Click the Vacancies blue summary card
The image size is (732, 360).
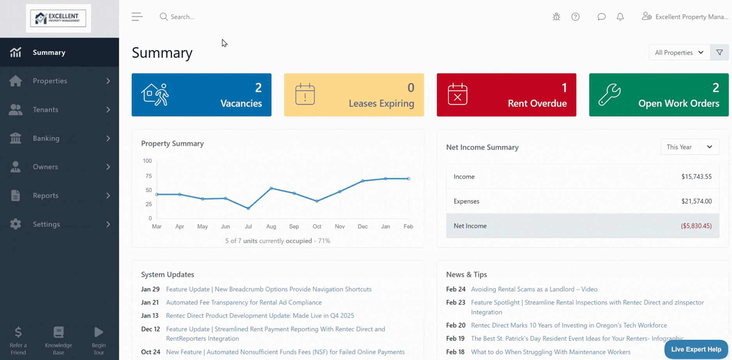(201, 95)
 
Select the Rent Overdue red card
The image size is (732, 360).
(506, 95)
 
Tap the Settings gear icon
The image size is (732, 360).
(16, 224)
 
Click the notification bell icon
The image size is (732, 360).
(620, 17)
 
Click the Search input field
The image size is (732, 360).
(234, 17)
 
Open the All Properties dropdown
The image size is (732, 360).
(679, 53)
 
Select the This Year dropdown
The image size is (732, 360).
(689, 147)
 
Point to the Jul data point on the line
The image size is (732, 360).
(249, 209)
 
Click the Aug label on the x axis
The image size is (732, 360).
(271, 226)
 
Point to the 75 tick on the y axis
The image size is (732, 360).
(148, 176)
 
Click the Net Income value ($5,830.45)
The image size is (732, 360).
(696, 226)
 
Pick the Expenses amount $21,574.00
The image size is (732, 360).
(696, 201)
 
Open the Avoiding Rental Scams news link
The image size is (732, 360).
(534, 289)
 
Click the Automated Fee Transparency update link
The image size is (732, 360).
(244, 303)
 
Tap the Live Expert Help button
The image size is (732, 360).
(696, 349)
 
